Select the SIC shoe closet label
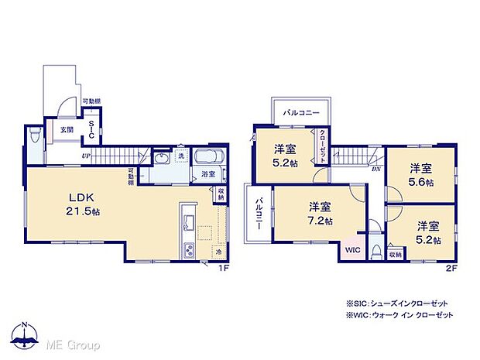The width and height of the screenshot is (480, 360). coord(91,130)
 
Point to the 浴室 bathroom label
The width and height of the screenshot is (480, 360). coord(208,175)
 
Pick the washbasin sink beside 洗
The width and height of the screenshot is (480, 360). coord(163,159)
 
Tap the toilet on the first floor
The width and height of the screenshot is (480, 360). coord(34,138)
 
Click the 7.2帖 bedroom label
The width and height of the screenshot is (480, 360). coord(320,213)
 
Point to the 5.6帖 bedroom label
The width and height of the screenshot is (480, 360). coord(420,174)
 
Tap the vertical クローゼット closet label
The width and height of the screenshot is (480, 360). coord(322,145)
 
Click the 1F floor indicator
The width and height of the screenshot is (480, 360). coord(222,268)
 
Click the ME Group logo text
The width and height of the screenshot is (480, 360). coord(73,344)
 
